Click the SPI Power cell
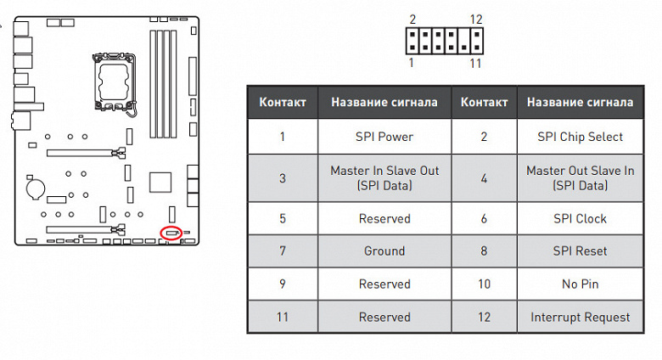(384, 136)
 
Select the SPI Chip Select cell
(580, 136)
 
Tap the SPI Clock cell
(580, 218)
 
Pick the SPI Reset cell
(580, 251)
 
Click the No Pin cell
(580, 284)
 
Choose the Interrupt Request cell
(580, 317)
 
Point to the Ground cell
(384, 251)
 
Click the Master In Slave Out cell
(384, 177)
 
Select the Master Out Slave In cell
(580, 177)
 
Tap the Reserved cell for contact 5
(384, 218)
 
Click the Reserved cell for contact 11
(384, 317)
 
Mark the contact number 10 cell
(484, 284)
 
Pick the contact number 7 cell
(283, 251)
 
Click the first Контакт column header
(283, 102)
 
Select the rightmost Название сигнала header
(580, 102)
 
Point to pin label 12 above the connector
(475, 19)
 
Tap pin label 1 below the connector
(412, 63)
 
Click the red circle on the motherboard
(171, 232)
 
